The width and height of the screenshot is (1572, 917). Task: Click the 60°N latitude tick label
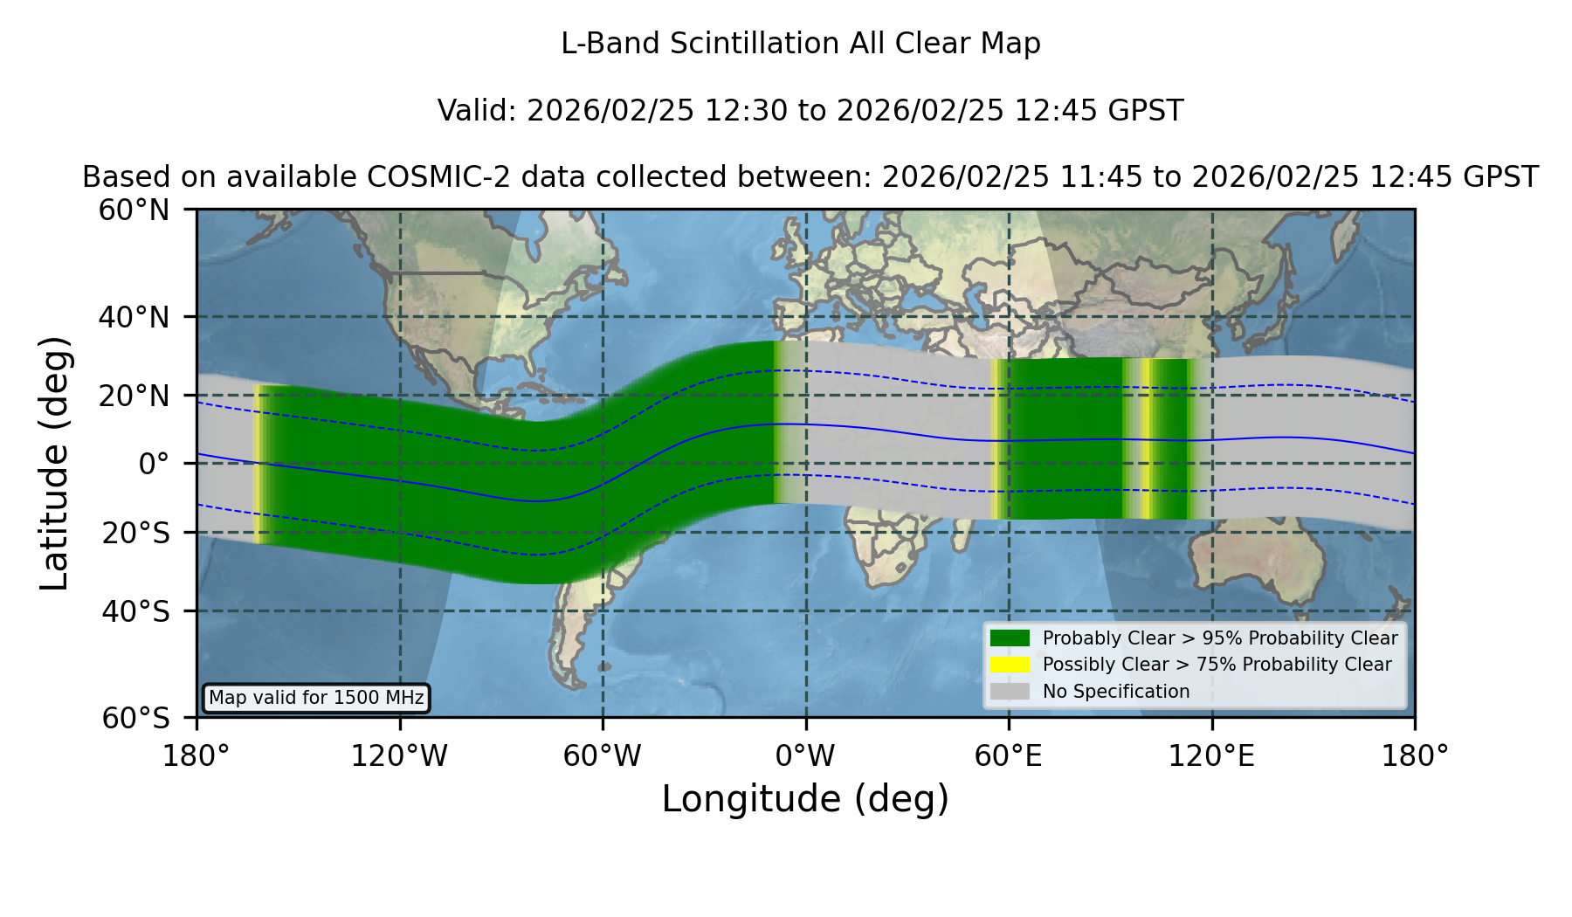(x=134, y=210)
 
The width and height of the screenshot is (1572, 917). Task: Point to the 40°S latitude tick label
(x=136, y=611)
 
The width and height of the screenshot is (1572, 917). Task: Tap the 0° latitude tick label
(x=155, y=464)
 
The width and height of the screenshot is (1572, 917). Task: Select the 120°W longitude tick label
(x=399, y=756)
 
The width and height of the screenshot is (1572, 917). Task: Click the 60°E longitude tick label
(x=1009, y=756)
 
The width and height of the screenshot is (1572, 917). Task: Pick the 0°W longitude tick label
(x=806, y=756)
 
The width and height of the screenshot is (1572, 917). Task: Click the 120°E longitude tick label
(x=1212, y=756)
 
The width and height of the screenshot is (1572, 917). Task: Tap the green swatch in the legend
(x=1010, y=638)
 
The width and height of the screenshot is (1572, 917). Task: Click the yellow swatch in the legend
(x=1010, y=665)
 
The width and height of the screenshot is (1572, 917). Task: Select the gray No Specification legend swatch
(x=1010, y=692)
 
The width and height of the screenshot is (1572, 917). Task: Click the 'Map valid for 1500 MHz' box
(x=316, y=698)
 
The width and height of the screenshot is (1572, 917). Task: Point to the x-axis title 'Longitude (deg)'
(x=805, y=799)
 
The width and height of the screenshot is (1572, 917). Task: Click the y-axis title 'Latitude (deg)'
(x=54, y=463)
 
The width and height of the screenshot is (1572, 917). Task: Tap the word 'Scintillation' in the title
(x=755, y=44)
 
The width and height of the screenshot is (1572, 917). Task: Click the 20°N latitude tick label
(x=134, y=396)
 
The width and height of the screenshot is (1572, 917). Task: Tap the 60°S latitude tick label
(x=136, y=718)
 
